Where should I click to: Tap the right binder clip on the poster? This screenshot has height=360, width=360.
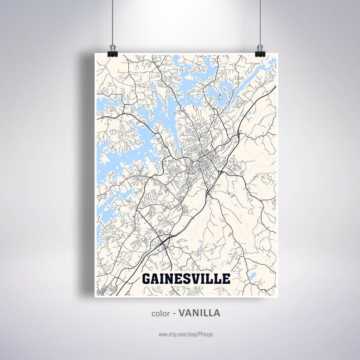pyautogui.click(x=259, y=49)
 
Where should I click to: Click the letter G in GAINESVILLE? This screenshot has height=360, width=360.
pyautogui.click(x=147, y=278)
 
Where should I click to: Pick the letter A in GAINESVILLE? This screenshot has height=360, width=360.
pyautogui.click(x=156, y=278)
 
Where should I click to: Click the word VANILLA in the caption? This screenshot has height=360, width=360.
pyautogui.click(x=199, y=313)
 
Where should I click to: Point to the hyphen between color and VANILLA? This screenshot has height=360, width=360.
pyautogui.click(x=174, y=313)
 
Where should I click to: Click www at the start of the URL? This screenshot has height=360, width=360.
pyautogui.click(x=163, y=334)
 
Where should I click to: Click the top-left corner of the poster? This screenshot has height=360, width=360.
pyautogui.click(x=95, y=54)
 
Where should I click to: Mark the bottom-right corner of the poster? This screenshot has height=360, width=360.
pyautogui.click(x=276, y=296)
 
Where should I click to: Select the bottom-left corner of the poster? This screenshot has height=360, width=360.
pyautogui.click(x=95, y=296)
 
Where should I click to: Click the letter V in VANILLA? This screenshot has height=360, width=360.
pyautogui.click(x=181, y=313)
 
